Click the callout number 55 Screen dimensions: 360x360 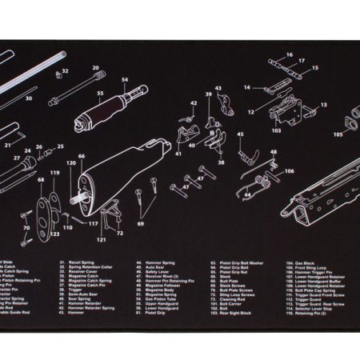(x=100, y=94)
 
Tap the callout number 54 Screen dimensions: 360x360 (x=124, y=80)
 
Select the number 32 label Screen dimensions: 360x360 (x=65, y=71)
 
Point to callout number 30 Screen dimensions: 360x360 (x=29, y=99)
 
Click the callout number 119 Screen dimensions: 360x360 (x=54, y=173)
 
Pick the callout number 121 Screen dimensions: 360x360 (x=102, y=239)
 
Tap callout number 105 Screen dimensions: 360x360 (x=338, y=134)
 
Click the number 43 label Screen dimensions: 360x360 (x=218, y=89)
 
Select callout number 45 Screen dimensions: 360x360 (x=240, y=135)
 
